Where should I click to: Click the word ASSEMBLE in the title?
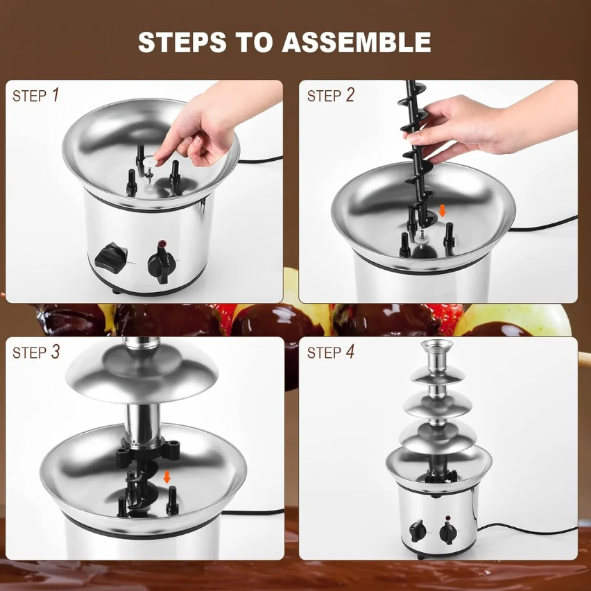click(356, 42)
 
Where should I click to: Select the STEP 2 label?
click(330, 96)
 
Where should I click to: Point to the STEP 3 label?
click(36, 352)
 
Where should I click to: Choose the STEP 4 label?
click(330, 352)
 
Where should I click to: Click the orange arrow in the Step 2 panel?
click(443, 210)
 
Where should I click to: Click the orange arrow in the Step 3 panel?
click(166, 477)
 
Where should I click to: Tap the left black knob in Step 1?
click(109, 257)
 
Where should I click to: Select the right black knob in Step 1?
click(163, 265)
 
